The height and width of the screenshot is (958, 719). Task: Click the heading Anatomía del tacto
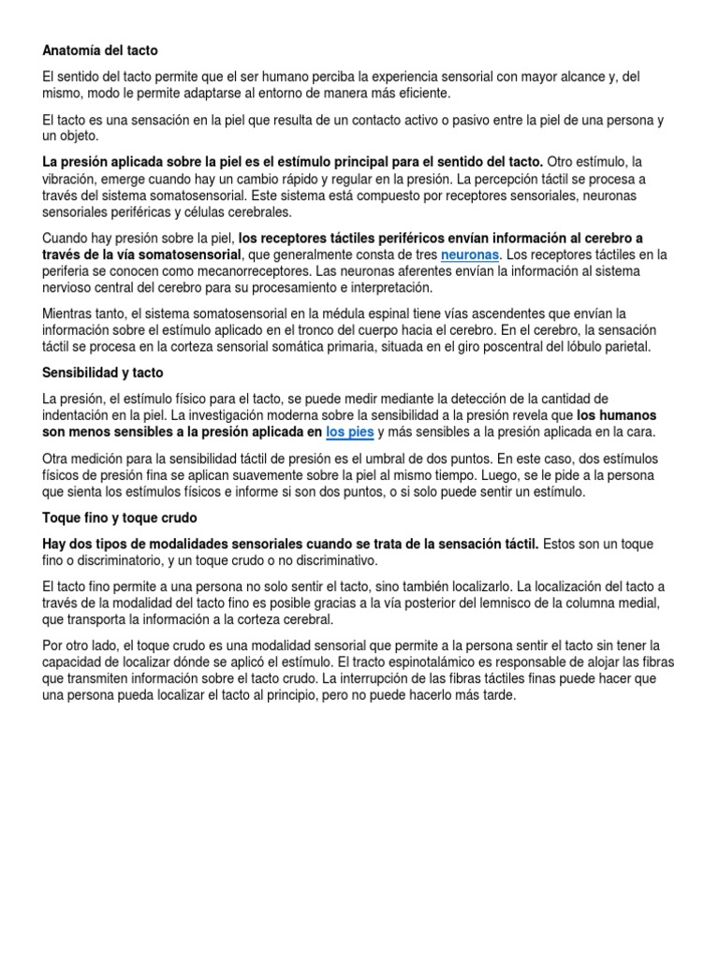click(x=107, y=50)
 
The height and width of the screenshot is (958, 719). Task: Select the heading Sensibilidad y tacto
click(x=103, y=373)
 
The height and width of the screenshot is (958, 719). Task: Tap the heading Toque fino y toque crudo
click(x=120, y=517)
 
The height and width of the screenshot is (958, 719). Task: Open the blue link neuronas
click(x=470, y=254)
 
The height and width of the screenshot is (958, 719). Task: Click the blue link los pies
click(x=348, y=432)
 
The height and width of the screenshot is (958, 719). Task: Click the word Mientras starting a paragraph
click(x=72, y=314)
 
